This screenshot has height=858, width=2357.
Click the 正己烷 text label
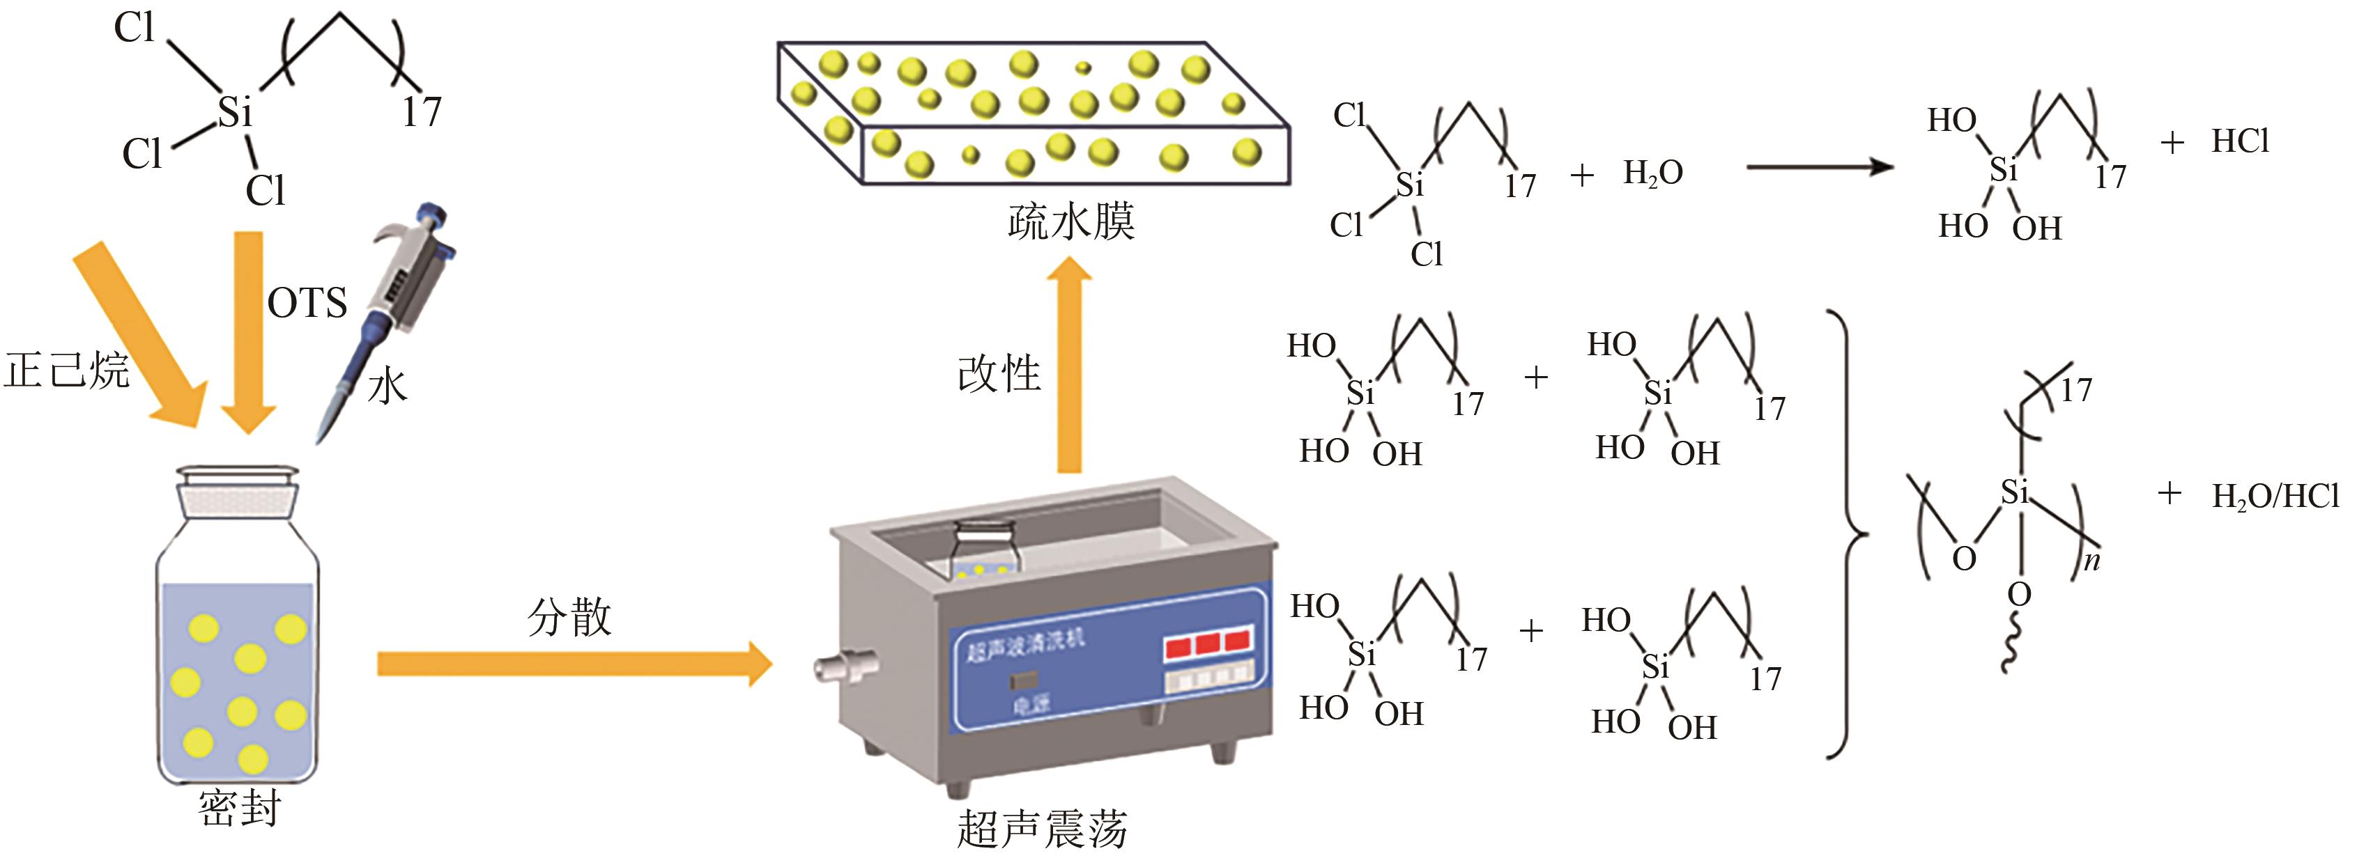pyautogui.click(x=66, y=370)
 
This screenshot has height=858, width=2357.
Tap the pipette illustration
pyautogui.click(x=394, y=302)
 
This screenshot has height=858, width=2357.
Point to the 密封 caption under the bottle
pyautogui.click(x=240, y=809)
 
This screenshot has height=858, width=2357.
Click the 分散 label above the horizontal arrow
pyautogui.click(x=569, y=618)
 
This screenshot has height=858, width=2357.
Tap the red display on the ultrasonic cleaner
pyautogui.click(x=1207, y=644)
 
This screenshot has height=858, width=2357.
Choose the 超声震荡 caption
pyautogui.click(x=1042, y=829)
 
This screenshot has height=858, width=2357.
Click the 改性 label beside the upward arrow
pyautogui.click(x=999, y=373)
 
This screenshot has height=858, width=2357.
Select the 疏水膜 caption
pyautogui.click(x=1071, y=222)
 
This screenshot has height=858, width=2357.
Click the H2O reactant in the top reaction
pyautogui.click(x=1652, y=173)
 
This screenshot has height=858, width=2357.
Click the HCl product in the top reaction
pyautogui.click(x=2240, y=141)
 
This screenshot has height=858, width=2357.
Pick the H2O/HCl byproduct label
pyautogui.click(x=2275, y=497)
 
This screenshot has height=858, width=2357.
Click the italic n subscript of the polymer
pyautogui.click(x=2091, y=561)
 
